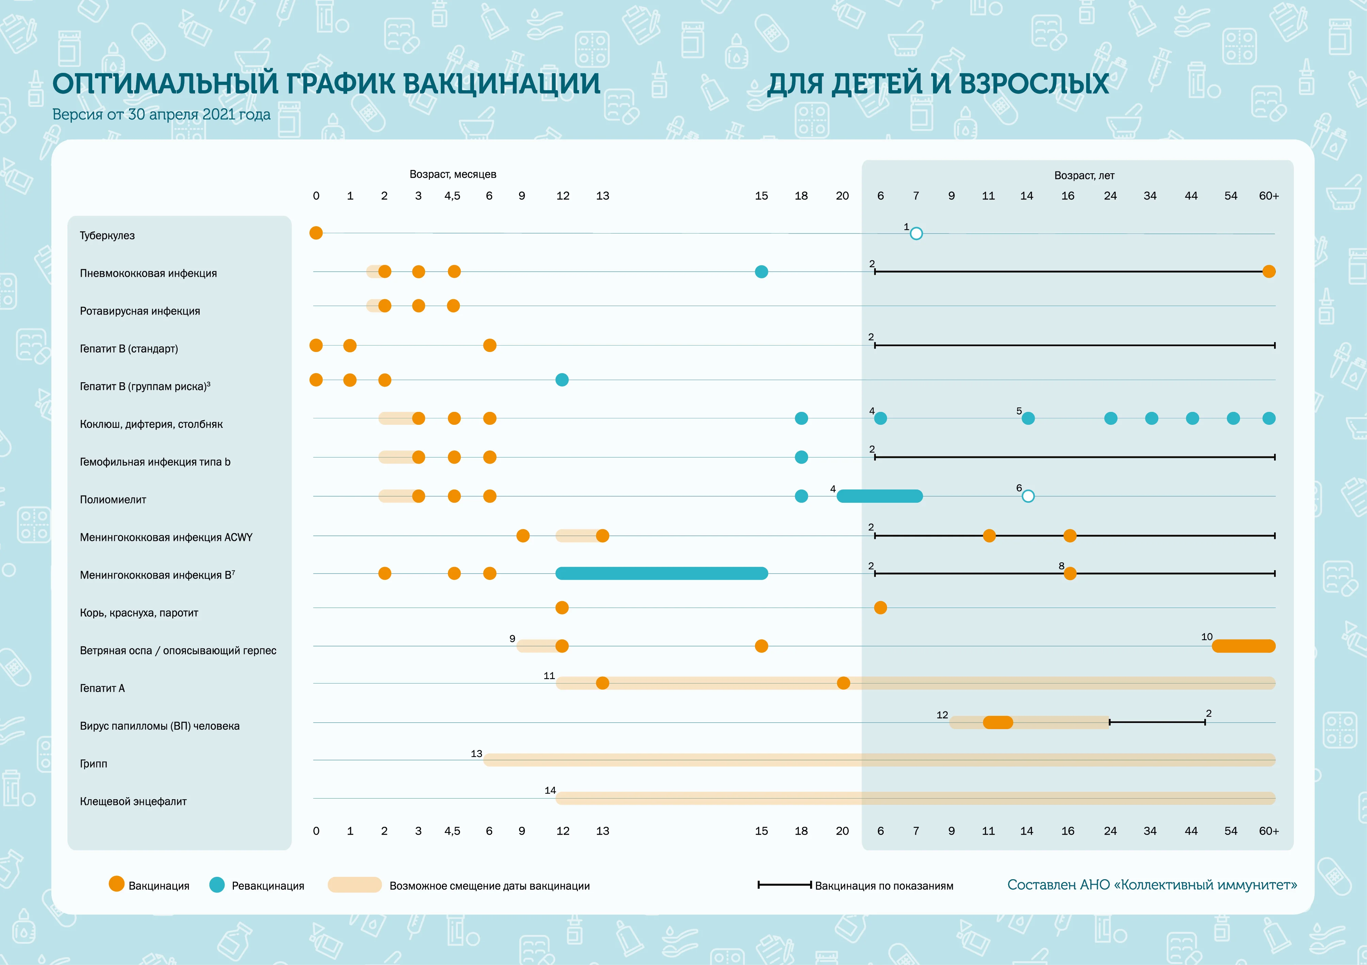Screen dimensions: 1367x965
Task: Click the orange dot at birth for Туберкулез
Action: (x=316, y=233)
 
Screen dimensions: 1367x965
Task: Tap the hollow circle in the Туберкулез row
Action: (x=916, y=234)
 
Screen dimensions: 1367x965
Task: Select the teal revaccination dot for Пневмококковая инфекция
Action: (x=761, y=272)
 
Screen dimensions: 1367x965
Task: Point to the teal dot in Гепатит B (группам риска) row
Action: (x=562, y=380)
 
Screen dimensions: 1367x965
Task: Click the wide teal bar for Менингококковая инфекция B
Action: (x=661, y=573)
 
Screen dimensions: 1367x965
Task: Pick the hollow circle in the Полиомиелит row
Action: (x=1028, y=496)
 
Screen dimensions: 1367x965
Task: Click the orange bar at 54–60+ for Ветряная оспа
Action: (x=1244, y=646)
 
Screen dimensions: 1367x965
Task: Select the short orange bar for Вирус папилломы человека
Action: (x=998, y=722)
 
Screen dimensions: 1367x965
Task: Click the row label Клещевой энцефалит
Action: (x=133, y=801)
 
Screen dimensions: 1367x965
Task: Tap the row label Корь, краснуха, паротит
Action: (x=139, y=613)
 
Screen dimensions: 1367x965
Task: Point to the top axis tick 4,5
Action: (x=452, y=196)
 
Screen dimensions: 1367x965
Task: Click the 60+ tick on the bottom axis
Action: (x=1269, y=831)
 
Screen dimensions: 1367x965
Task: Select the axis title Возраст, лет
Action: (x=1084, y=176)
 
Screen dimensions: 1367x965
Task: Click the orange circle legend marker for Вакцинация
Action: (x=117, y=884)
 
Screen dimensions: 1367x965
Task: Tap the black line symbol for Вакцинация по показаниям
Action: (x=785, y=885)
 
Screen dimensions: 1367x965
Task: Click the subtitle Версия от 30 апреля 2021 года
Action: (x=161, y=114)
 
